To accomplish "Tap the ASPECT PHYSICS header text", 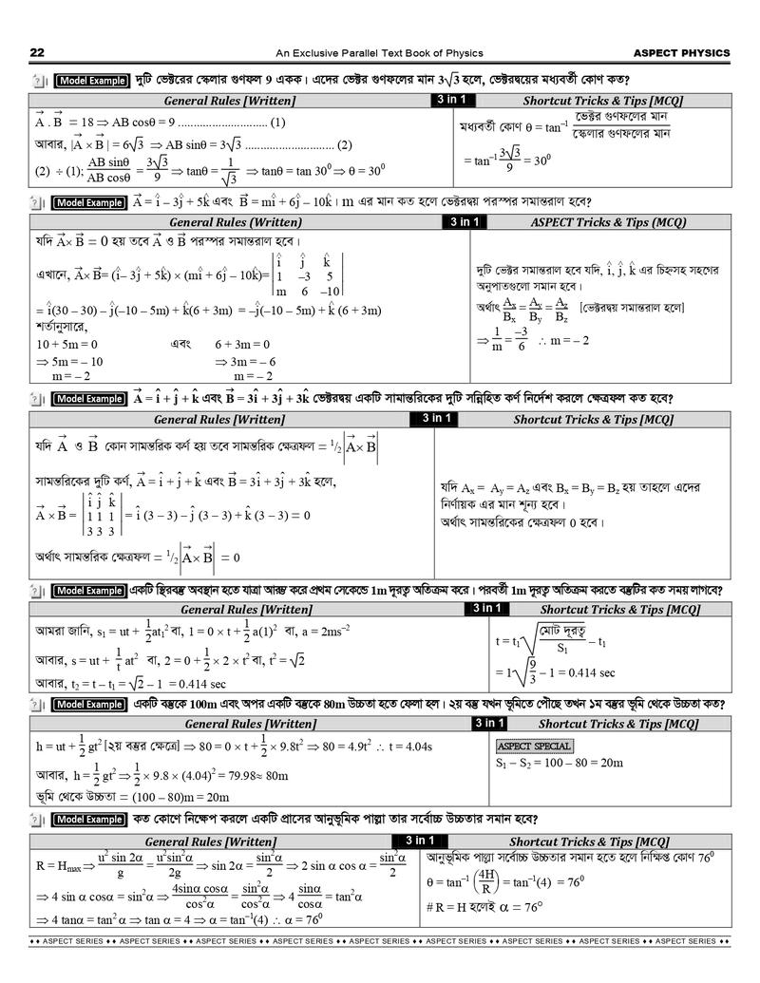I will tap(681, 53).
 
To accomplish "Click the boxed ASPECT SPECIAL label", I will tap(535, 746).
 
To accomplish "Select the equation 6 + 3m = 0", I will tap(242, 345).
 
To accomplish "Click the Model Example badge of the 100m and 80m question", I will tap(90, 705).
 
